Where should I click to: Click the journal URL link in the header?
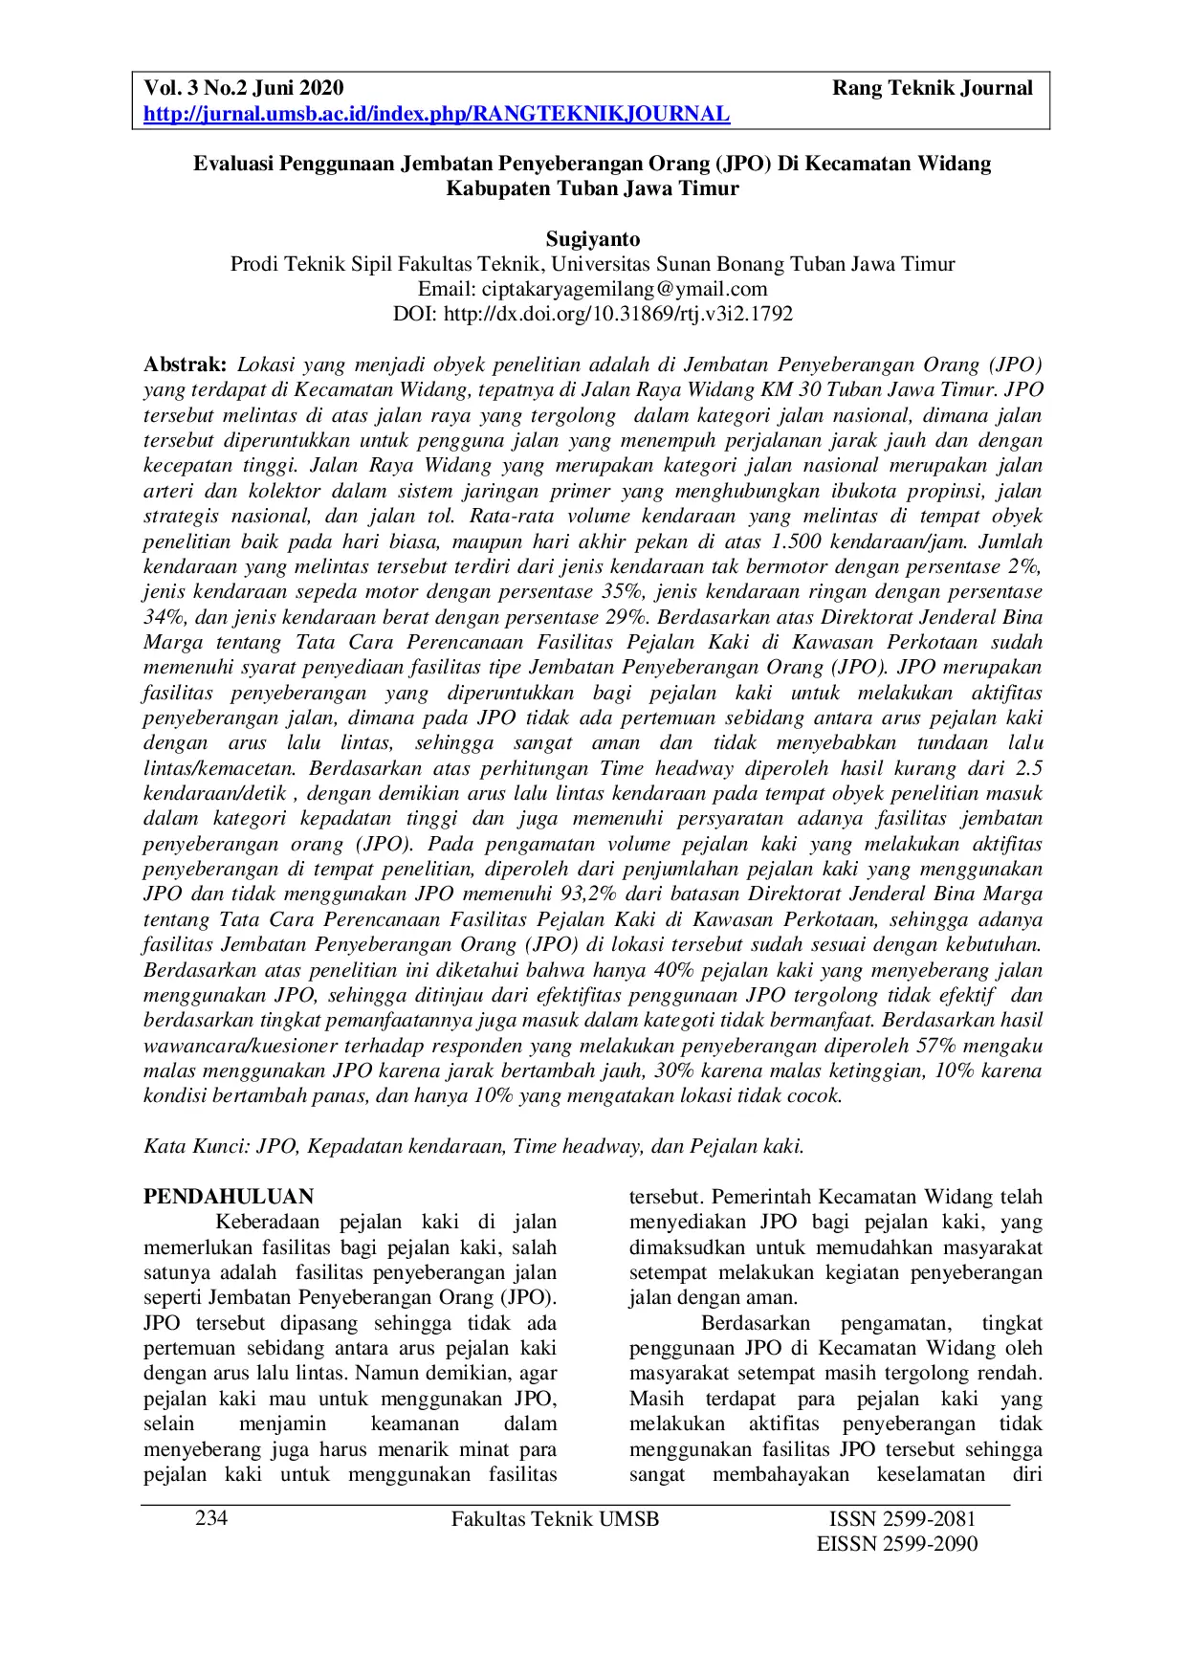pyautogui.click(x=436, y=115)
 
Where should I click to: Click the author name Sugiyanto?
pyautogui.click(x=593, y=239)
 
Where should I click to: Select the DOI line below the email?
pyautogui.click(x=593, y=314)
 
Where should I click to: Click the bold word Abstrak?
pyautogui.click(x=185, y=364)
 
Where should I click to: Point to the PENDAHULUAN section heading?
pyautogui.click(x=229, y=1197)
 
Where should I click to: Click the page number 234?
pyautogui.click(x=211, y=1519)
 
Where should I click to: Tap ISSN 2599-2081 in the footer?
pyautogui.click(x=902, y=1519)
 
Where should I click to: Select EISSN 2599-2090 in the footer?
pyautogui.click(x=897, y=1544)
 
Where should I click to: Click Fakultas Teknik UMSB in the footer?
pyautogui.click(x=555, y=1519)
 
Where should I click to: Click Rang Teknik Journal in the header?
pyautogui.click(x=932, y=89)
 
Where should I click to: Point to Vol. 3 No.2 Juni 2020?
pyautogui.click(x=243, y=89)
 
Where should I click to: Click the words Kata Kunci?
pyautogui.click(x=195, y=1146)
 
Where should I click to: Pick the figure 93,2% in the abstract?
pyautogui.click(x=605, y=894)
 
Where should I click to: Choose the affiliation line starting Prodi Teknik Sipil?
pyautogui.click(x=593, y=264)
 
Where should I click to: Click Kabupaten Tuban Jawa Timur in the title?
pyautogui.click(x=593, y=188)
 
